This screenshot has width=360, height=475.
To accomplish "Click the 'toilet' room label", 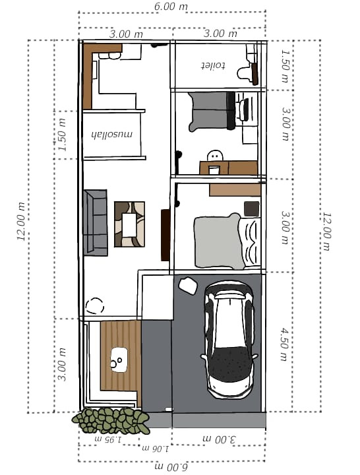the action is click(214, 66).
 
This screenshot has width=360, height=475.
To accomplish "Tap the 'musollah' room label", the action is click(112, 134).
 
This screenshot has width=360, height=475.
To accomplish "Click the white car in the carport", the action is click(229, 339).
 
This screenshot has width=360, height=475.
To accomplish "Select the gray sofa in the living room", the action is click(96, 223).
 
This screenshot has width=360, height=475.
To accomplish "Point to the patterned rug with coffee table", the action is click(130, 224).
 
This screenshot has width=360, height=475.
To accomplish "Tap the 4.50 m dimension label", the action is click(284, 344).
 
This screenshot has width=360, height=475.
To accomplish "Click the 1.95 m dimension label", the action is click(108, 439).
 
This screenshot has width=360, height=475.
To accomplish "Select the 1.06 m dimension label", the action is click(156, 449).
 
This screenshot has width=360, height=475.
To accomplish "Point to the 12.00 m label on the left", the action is click(21, 221).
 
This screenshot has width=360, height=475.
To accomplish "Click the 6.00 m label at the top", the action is click(171, 6).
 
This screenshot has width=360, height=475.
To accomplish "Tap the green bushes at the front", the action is click(111, 420).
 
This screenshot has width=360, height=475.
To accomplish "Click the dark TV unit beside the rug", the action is click(165, 235).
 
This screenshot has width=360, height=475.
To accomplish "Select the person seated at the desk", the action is click(215, 156).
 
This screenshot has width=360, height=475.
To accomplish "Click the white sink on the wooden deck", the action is click(119, 360).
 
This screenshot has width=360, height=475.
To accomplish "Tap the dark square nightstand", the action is click(252, 209).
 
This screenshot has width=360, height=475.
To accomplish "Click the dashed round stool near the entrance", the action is click(95, 306).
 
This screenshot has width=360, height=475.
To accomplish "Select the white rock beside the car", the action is click(188, 286).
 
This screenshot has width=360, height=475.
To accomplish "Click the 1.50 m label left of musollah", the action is click(61, 135).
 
